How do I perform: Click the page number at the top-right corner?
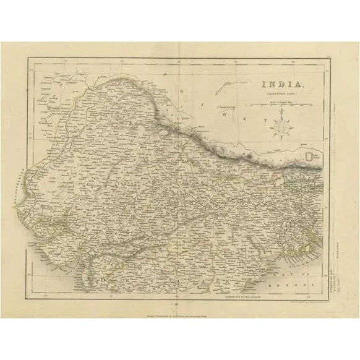click(x=330, y=56)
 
